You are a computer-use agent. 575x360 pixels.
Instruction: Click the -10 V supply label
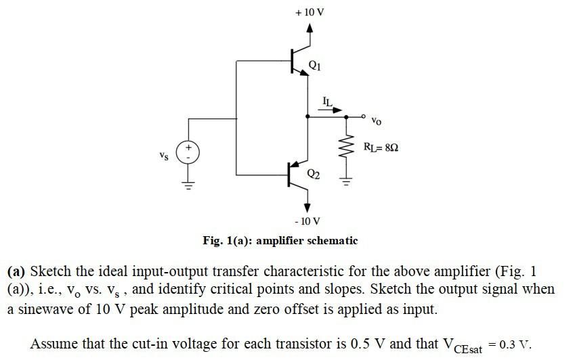(307, 221)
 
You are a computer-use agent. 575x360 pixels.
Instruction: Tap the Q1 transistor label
(315, 65)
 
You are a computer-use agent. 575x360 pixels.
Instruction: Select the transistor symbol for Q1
(299, 61)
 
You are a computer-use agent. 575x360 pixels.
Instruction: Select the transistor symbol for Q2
(298, 175)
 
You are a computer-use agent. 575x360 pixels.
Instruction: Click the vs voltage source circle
(189, 151)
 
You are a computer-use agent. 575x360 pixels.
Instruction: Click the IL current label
(328, 102)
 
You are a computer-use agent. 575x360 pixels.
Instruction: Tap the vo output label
(377, 121)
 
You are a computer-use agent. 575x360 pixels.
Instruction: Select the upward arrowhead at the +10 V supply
(310, 28)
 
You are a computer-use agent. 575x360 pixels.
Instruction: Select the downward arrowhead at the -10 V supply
(307, 207)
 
